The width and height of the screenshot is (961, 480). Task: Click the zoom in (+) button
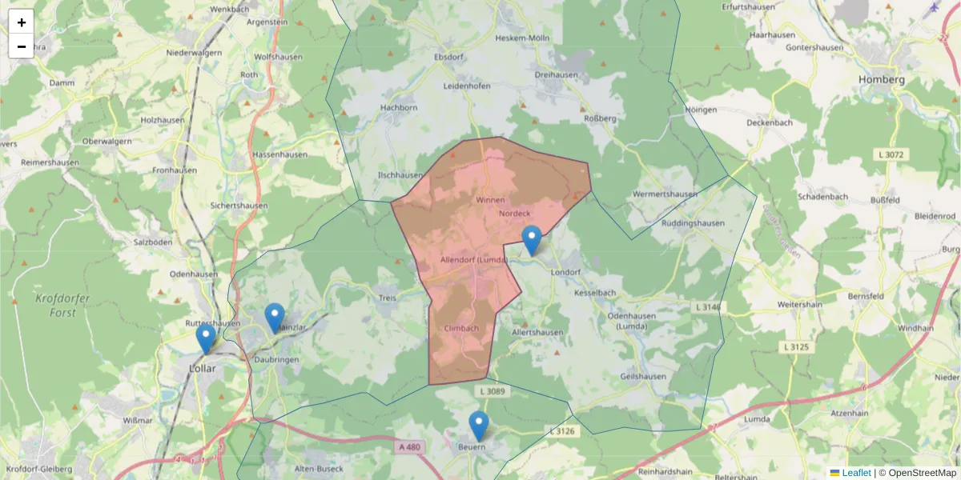click(x=22, y=22)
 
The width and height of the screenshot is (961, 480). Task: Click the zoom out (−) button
click(x=22, y=46)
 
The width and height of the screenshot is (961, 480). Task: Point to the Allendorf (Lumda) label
click(x=474, y=260)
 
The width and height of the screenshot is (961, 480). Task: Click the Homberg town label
click(x=881, y=80)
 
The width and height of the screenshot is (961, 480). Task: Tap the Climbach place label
click(x=460, y=328)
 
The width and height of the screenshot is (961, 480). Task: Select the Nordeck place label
click(x=515, y=214)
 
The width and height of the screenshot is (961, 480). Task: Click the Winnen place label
click(x=490, y=199)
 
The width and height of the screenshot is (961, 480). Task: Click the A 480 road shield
click(x=408, y=448)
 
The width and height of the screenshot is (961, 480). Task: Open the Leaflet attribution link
click(x=855, y=473)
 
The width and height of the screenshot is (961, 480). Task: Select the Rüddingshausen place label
click(x=694, y=223)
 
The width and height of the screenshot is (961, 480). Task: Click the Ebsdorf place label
click(x=448, y=58)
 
